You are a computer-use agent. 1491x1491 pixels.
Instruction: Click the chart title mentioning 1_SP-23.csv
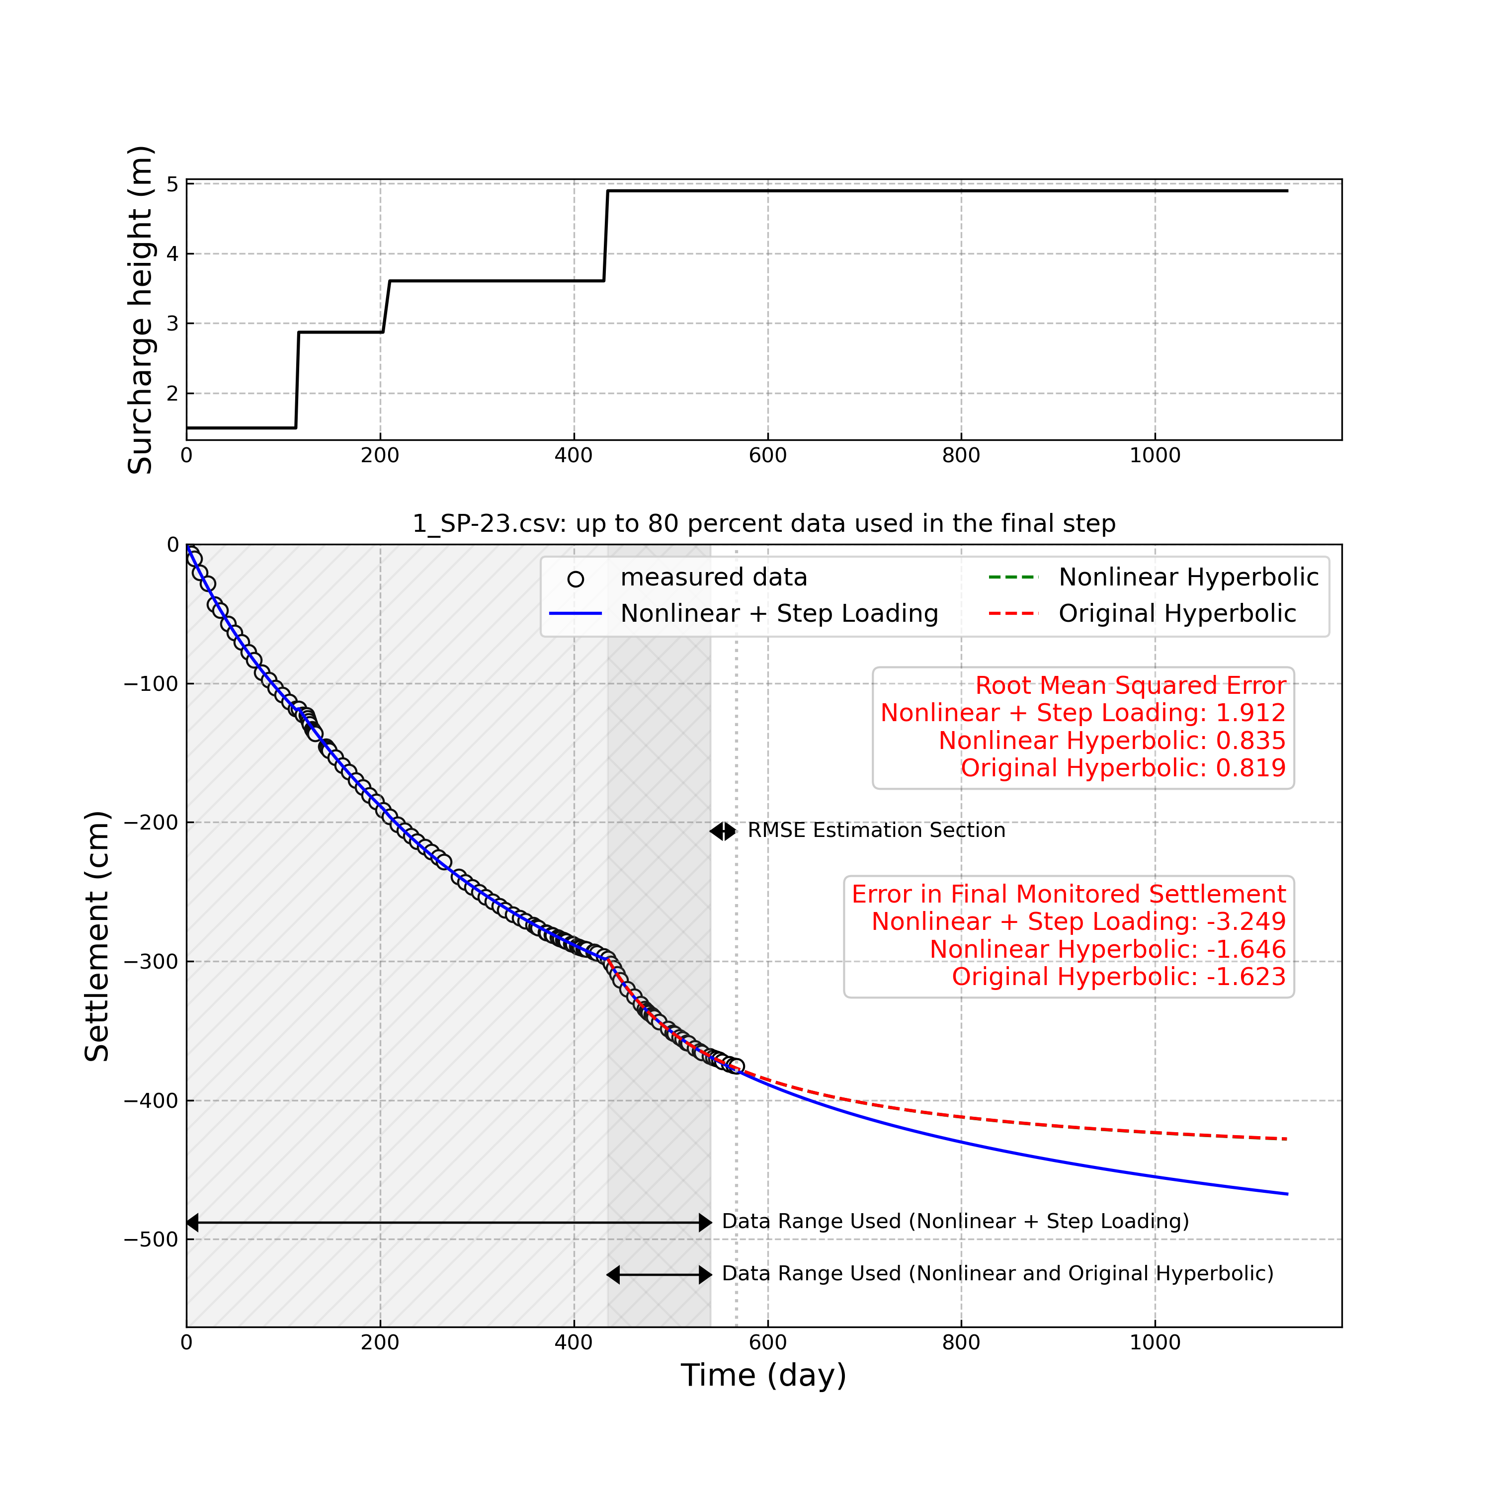pos(763,523)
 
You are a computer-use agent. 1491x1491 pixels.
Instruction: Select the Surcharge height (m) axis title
pos(141,310)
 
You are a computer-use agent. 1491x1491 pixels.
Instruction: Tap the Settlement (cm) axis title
pos(97,936)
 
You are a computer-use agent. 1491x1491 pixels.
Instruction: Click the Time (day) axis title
pos(763,1375)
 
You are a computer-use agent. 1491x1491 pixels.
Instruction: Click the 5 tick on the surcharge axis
pos(172,184)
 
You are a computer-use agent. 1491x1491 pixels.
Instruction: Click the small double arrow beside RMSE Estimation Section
pos(723,831)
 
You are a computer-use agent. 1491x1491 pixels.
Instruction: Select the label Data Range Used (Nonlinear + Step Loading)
pos(955,1222)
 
